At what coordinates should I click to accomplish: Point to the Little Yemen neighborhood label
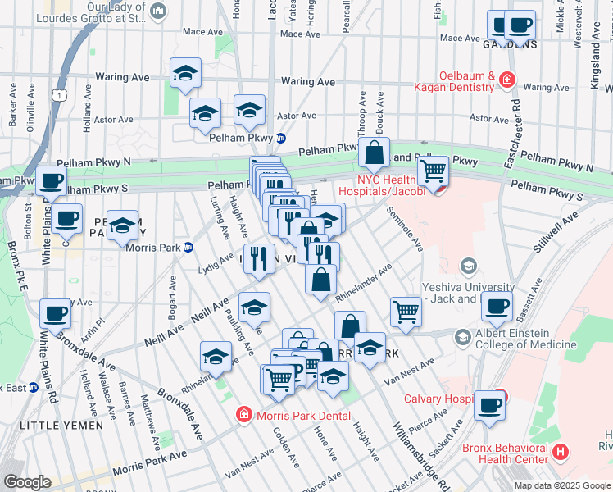[61, 426]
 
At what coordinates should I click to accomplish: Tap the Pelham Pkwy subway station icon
[280, 138]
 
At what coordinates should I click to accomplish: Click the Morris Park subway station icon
[188, 247]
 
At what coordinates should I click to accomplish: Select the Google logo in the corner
[27, 482]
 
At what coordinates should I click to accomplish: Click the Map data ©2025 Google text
[561, 485]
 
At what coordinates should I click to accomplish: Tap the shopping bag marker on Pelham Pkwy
[374, 153]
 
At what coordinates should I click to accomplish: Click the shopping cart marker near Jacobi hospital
[433, 171]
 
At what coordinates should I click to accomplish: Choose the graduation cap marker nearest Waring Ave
[186, 74]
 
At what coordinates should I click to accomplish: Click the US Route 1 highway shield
[60, 96]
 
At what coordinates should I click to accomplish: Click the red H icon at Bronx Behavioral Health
[561, 451]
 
